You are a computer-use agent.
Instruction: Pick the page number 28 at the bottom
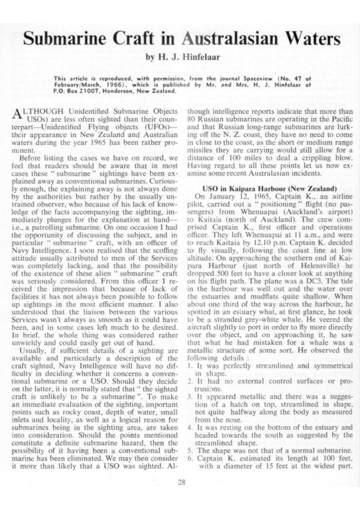[180, 480]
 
